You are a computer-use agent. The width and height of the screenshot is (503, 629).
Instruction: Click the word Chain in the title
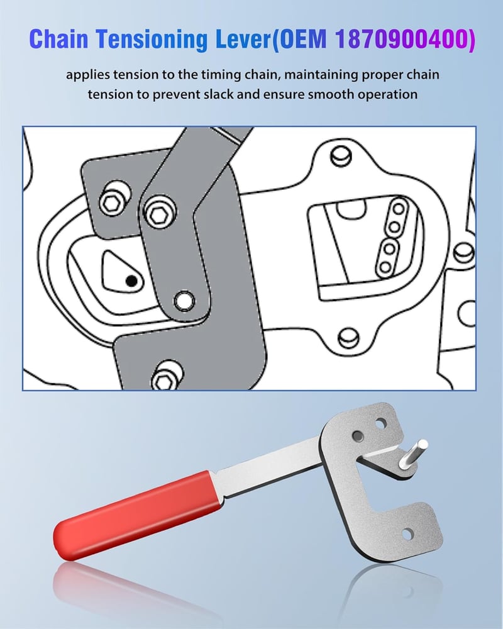(58, 39)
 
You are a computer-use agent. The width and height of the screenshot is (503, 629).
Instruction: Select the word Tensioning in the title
(152, 40)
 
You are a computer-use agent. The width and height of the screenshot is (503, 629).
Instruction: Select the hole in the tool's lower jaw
(407, 534)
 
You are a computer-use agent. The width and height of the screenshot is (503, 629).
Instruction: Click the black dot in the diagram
(131, 281)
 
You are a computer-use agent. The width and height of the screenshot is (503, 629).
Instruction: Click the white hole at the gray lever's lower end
(184, 301)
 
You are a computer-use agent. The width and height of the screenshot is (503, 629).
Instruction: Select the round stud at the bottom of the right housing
(348, 338)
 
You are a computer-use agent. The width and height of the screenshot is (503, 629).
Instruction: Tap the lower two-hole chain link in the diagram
(387, 257)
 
